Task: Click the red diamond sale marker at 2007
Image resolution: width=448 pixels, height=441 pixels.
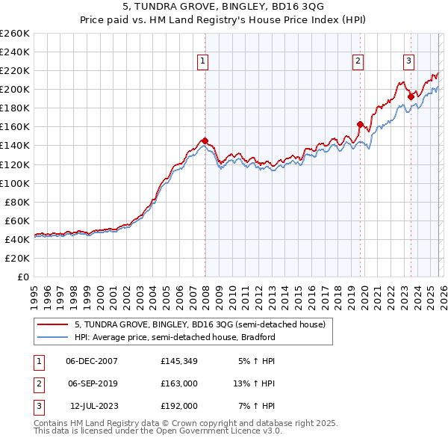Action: (204, 141)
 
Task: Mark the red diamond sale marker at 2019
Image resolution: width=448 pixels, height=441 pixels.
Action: (360, 124)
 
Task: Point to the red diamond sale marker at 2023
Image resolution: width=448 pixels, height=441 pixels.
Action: (411, 96)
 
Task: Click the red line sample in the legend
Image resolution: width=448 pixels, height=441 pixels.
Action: (53, 325)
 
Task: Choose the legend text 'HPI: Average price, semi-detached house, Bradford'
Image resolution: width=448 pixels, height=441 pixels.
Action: (175, 337)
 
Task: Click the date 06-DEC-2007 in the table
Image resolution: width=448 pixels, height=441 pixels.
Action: (92, 361)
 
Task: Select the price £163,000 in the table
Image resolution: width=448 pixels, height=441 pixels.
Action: (179, 383)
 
